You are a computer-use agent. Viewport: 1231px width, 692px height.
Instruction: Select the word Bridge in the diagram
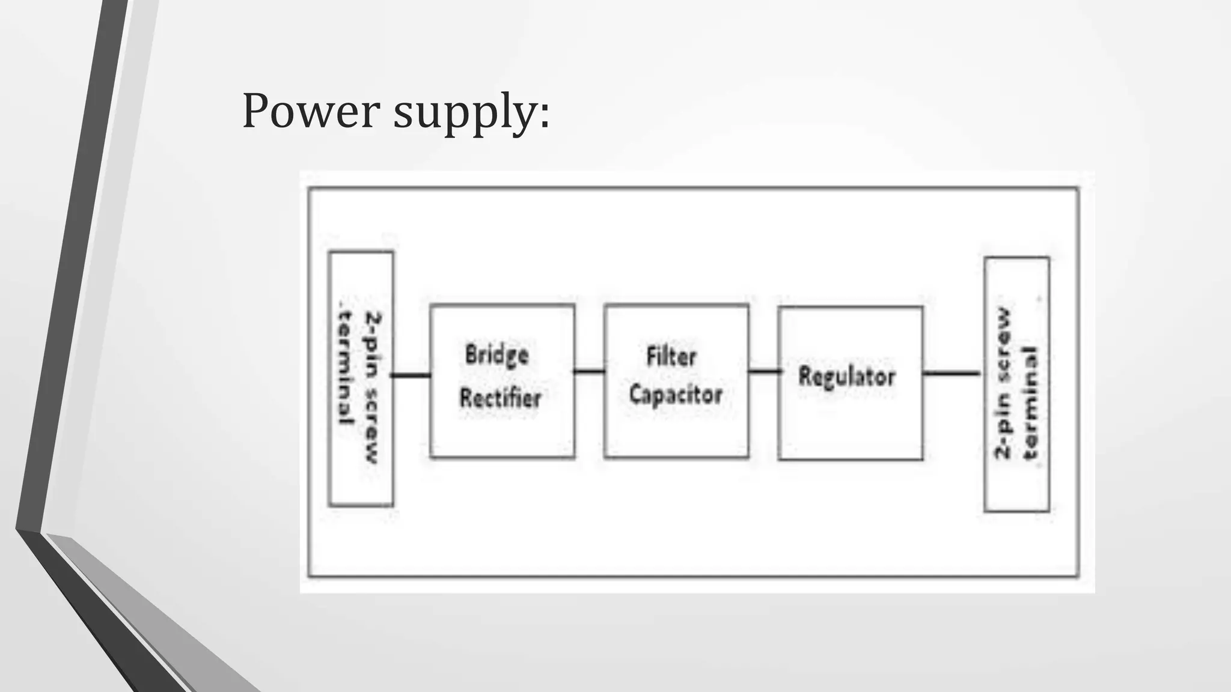coord(497,355)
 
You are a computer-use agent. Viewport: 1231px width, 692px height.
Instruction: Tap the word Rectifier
coord(501,397)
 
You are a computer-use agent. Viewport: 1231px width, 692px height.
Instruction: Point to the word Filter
coord(671,356)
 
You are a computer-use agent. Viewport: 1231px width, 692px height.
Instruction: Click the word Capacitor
coord(676,395)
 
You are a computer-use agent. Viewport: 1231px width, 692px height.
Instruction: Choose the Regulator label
coord(847,377)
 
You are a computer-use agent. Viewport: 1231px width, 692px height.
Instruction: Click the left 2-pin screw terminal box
coord(361,378)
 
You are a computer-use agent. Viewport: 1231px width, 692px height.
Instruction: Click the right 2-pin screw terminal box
coord(1017,384)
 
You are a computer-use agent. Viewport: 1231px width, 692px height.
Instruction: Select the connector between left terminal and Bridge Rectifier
coord(412,375)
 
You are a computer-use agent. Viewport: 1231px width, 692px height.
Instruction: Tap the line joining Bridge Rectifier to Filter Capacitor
coord(590,372)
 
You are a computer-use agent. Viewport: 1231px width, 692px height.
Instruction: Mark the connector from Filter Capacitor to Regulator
coord(764,372)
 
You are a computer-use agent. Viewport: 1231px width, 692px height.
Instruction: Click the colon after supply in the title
coord(544,114)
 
